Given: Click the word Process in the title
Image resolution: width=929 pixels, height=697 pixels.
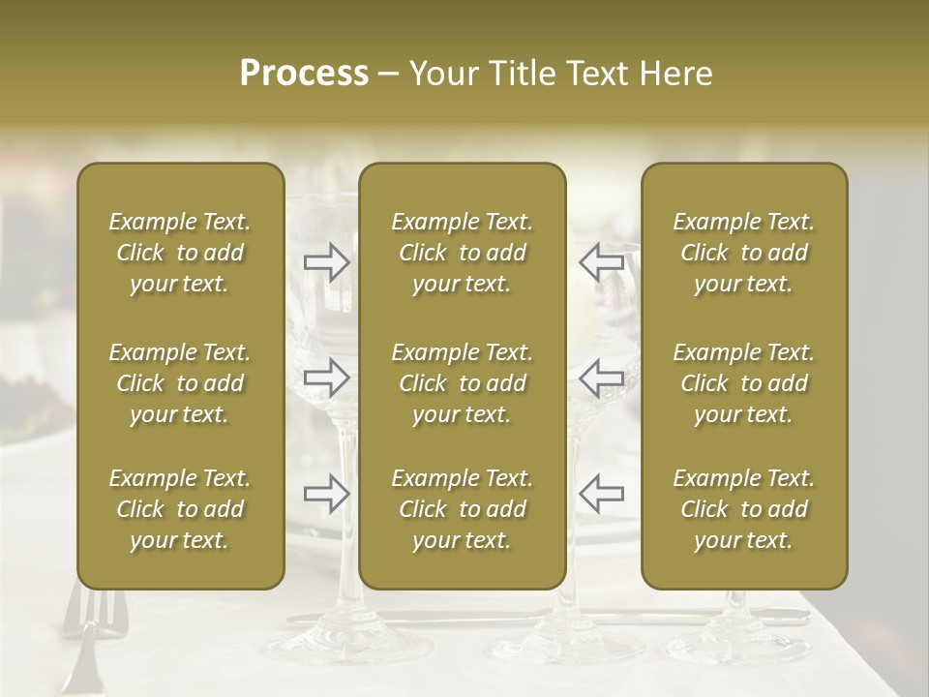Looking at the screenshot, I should (x=304, y=74).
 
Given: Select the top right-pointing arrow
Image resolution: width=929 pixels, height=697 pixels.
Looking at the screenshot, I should (x=326, y=262).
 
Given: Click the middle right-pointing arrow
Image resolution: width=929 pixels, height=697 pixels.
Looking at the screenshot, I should (x=326, y=378).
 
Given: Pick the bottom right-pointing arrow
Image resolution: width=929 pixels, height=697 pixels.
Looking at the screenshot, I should (x=326, y=494).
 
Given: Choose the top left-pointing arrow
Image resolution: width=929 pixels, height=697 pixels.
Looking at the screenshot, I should (x=601, y=262).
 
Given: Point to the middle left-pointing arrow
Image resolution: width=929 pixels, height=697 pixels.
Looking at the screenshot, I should (x=601, y=378).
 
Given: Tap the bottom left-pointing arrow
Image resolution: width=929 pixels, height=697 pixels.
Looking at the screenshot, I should (x=601, y=494).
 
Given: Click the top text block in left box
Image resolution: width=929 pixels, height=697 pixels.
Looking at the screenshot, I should (x=180, y=253).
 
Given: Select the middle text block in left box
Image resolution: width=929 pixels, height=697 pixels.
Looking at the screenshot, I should (x=180, y=383).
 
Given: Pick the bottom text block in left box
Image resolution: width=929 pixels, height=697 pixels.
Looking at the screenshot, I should (x=180, y=509).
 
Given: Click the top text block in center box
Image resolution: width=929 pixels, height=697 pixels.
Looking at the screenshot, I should (x=463, y=253).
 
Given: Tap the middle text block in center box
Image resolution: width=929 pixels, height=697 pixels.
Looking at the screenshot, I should (x=463, y=383).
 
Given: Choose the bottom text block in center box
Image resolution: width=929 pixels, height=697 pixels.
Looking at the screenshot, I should (x=463, y=509).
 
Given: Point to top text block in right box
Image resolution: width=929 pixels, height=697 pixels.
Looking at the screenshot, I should (x=744, y=253).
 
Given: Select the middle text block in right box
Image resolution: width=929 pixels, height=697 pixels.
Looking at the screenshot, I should (x=744, y=383).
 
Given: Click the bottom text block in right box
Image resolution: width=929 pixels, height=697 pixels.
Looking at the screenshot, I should (x=744, y=509).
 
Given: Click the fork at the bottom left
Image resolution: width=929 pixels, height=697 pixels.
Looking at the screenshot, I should (x=90, y=639).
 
